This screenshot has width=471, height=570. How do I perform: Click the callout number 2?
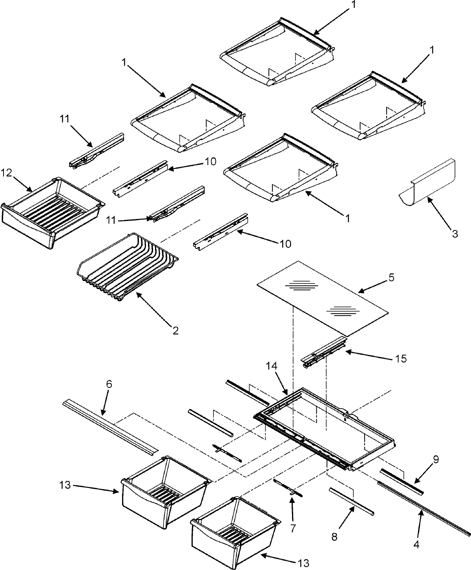tap(175, 331)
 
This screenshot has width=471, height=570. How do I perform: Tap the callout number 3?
tap(455, 234)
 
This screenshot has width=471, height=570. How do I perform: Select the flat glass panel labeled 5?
tap(322, 298)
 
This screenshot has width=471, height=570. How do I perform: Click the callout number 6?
tap(109, 384)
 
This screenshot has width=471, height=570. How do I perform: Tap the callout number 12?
tap(7, 172)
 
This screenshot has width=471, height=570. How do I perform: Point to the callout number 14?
tap(274, 366)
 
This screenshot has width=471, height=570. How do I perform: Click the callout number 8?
tap(334, 536)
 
